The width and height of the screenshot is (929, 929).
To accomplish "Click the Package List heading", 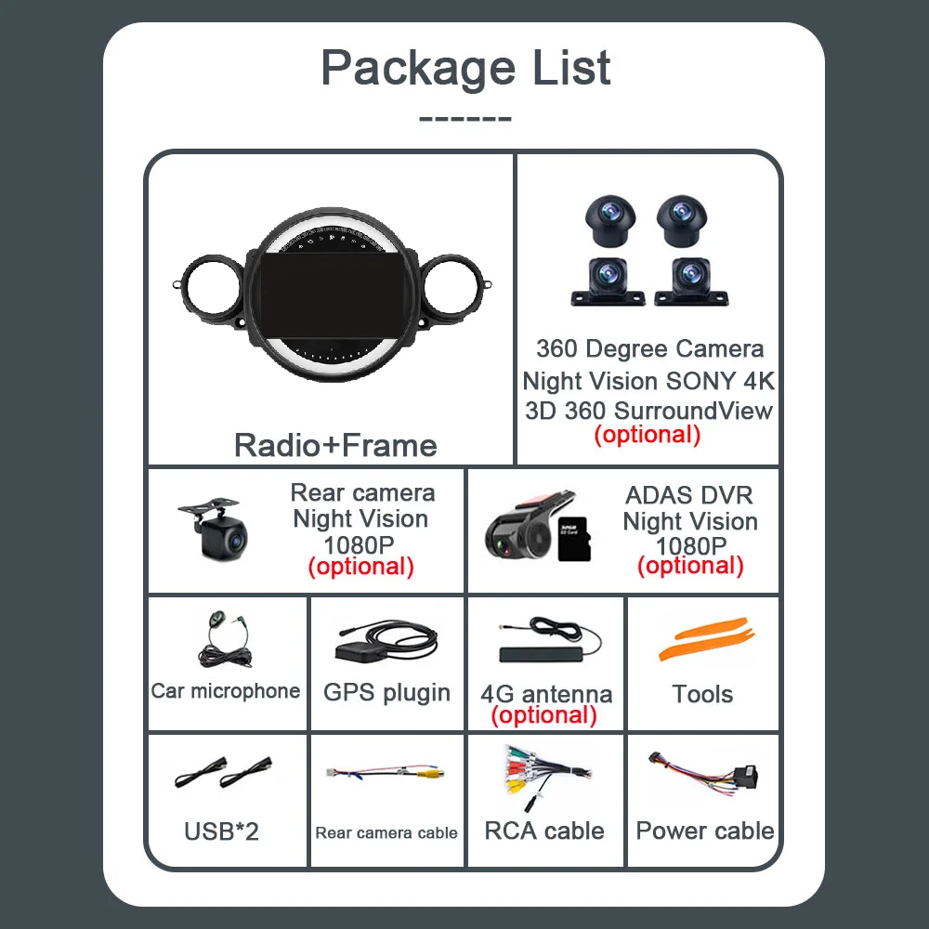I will (465, 68).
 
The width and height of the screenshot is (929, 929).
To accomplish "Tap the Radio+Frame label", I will (335, 445).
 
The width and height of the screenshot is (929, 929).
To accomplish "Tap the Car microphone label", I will (226, 690).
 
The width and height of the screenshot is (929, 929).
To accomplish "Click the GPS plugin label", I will (386, 692).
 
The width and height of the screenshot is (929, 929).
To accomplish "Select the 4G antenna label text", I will (546, 694).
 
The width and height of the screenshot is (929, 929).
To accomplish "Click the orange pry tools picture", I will (703, 639).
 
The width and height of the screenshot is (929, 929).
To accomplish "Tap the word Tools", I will (703, 694).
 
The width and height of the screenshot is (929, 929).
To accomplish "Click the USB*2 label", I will (221, 831).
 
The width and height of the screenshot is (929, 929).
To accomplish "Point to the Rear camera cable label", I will (386, 832).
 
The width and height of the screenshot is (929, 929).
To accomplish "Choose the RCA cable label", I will (544, 831).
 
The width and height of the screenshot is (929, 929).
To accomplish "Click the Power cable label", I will (704, 831).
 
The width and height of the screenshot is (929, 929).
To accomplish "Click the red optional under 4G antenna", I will (544, 715).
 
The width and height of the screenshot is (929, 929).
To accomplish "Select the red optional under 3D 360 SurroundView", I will (647, 434).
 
